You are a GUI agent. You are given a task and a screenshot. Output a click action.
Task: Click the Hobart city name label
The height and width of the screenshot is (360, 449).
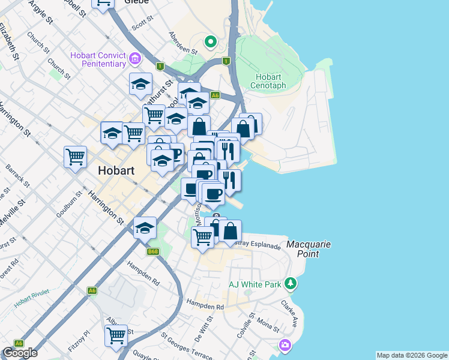(x=115, y=170)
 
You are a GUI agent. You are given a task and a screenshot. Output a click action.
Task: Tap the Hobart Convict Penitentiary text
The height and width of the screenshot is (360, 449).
(x=98, y=59)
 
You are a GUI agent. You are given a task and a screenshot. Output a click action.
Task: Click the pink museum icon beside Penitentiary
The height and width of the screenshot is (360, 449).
(x=136, y=59)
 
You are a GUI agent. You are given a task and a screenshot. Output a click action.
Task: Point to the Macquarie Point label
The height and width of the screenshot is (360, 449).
(x=309, y=249)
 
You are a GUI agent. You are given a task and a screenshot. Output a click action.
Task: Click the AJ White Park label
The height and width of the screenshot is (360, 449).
(x=255, y=284)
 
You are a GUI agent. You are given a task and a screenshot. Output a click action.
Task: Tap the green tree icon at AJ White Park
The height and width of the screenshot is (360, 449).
(x=291, y=283)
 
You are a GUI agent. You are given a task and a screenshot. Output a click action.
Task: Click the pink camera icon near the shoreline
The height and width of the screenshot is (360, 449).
(x=284, y=345)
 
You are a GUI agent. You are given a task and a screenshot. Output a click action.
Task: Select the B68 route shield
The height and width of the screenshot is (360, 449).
(x=154, y=251)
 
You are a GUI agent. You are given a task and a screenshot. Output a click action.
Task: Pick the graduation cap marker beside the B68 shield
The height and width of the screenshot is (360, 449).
(x=145, y=227)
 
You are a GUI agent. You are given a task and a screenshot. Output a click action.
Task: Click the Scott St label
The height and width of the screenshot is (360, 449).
(x=143, y=23)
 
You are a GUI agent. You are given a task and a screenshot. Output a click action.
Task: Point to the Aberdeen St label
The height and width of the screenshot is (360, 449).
(x=183, y=43)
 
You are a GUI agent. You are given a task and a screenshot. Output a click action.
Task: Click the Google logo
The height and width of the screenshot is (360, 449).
(x=20, y=353)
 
